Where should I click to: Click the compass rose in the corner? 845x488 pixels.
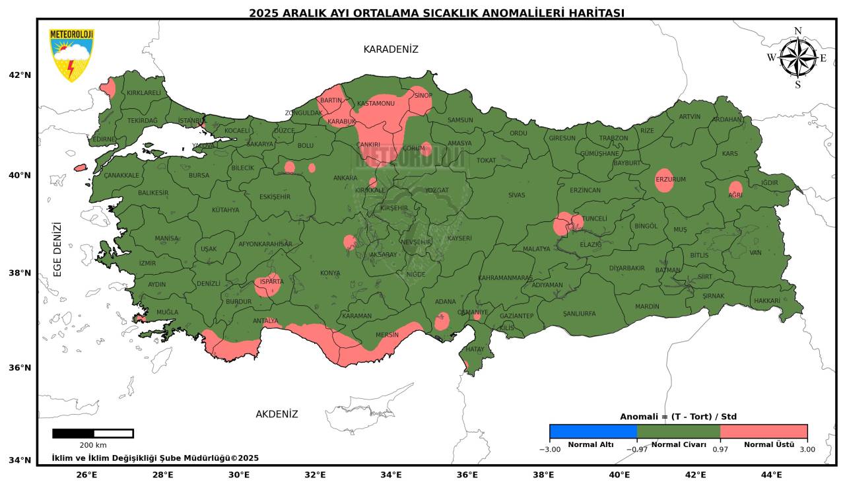point(797,57)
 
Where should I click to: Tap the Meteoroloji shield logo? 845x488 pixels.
point(71,55)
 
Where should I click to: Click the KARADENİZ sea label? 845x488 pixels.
point(391,50)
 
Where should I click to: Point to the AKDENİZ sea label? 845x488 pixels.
point(277,414)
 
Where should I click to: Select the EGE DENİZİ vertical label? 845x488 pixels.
point(57,249)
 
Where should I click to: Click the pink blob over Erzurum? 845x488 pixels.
point(664,180)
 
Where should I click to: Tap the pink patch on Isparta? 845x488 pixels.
point(267,285)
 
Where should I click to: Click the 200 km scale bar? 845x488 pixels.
point(92,434)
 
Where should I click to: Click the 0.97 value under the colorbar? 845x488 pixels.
point(720,450)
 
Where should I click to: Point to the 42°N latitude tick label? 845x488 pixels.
point(20,75)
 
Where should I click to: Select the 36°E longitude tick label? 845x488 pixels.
point(467,474)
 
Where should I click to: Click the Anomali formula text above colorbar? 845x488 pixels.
point(678,417)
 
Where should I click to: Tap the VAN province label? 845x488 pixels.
point(756,252)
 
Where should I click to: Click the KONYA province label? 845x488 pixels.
point(330,273)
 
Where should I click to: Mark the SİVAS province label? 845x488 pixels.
point(516,195)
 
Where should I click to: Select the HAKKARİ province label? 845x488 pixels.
point(766,300)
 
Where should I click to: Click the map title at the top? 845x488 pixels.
point(436,13)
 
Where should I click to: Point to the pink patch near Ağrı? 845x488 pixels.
point(735,190)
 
